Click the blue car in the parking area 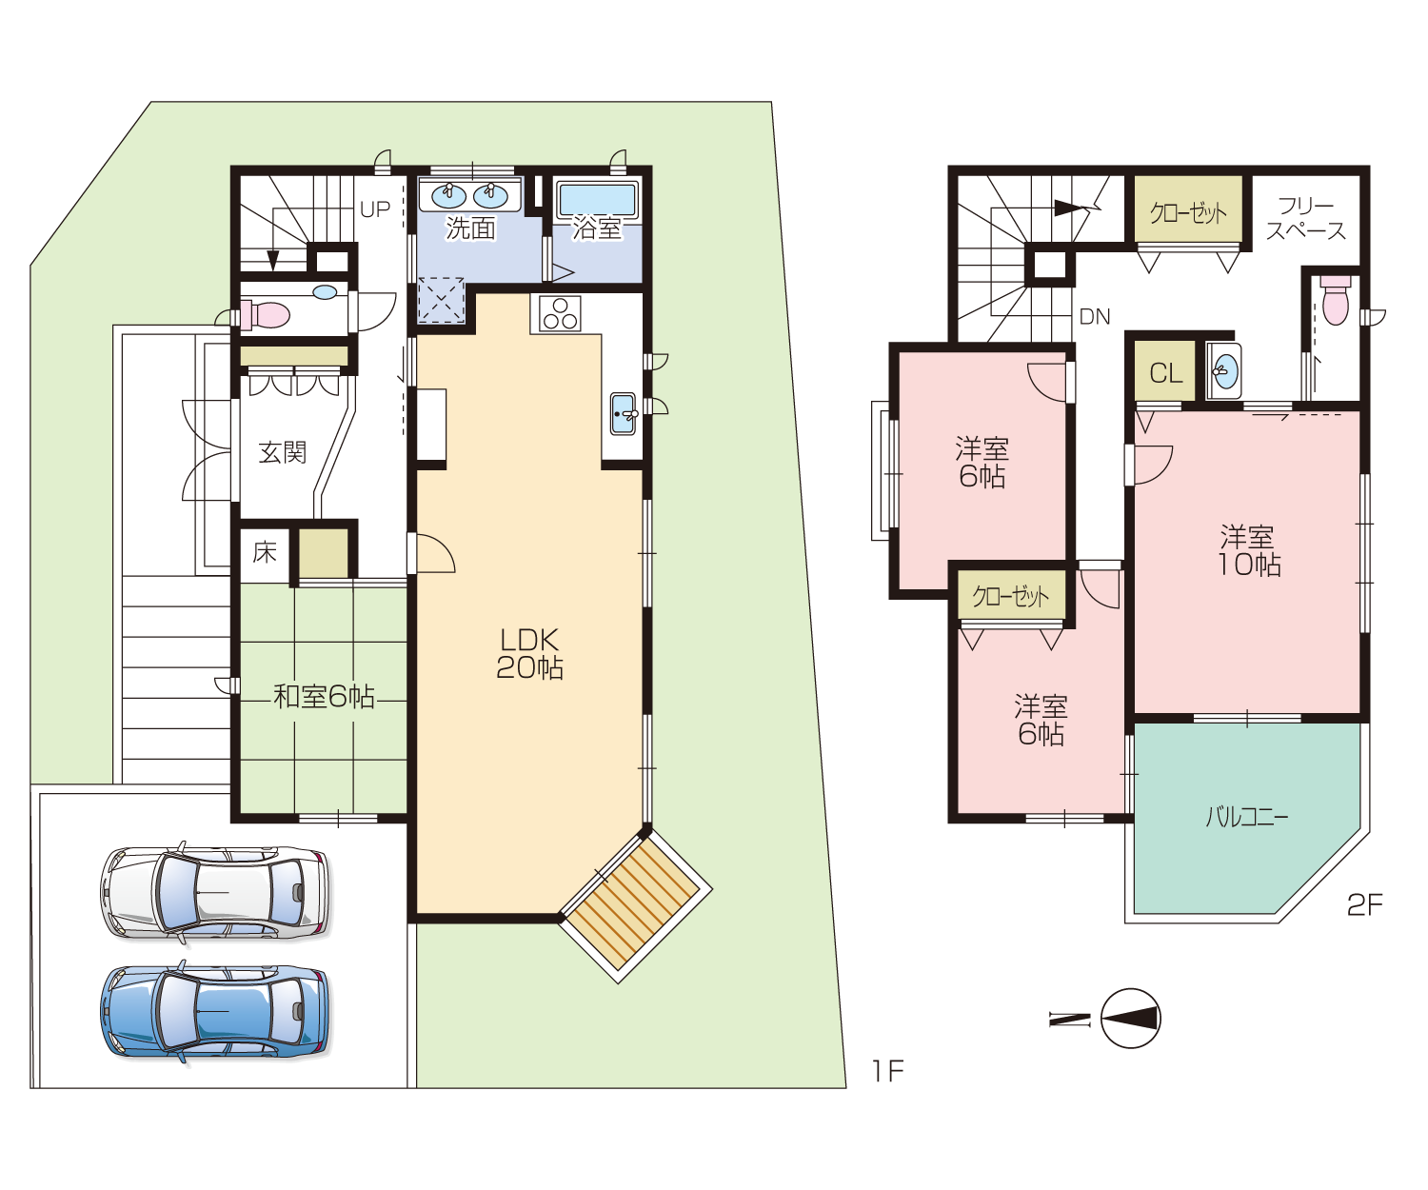[x=215, y=1011]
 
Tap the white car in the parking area [x=215, y=893]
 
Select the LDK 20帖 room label [x=529, y=653]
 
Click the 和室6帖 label [x=324, y=696]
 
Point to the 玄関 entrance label [x=283, y=452]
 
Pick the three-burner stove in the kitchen [x=560, y=314]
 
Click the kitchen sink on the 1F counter [x=623, y=413]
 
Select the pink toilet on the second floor [x=1335, y=300]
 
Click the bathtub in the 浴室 [x=597, y=199]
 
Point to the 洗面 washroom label [x=470, y=228]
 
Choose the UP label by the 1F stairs [x=375, y=209]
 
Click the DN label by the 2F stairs [x=1094, y=316]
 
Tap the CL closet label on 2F [x=1165, y=373]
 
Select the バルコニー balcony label [x=1246, y=817]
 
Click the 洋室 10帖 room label [x=1248, y=551]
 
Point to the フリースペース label [x=1305, y=218]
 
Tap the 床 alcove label [x=265, y=552]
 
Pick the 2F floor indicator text [x=1365, y=904]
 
